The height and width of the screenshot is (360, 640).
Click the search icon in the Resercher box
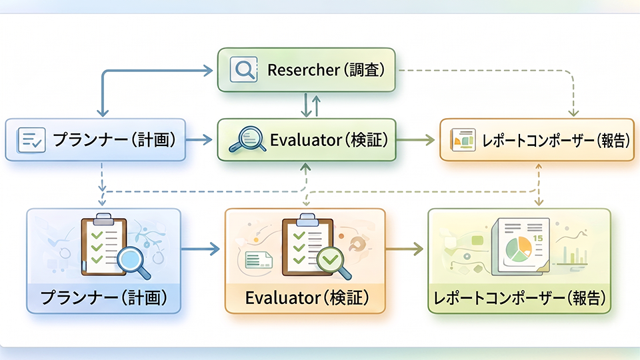(243, 69)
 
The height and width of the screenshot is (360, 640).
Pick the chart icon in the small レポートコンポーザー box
(462, 140)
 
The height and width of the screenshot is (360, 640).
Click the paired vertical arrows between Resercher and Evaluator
(311, 105)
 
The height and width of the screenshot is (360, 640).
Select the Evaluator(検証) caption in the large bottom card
(306, 296)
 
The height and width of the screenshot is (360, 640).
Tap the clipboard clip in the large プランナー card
(103, 219)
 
